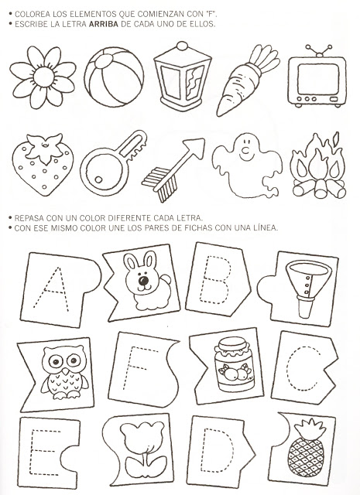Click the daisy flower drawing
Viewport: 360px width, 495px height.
pos(43,77)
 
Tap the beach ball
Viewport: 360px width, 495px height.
pos(114,77)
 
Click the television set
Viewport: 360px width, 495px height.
pos(317,77)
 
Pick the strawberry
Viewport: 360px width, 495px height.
pos(43,164)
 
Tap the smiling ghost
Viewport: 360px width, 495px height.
pos(247,165)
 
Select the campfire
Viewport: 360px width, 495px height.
pos(319,166)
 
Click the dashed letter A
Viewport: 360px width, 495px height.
pos(52,289)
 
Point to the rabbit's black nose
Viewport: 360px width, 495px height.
pos(143,280)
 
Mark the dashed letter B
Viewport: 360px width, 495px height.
pos(216,279)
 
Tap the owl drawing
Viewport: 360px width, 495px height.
pos(65,373)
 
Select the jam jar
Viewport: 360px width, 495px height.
pos(234,364)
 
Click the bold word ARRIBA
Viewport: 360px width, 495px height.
pos(103,24)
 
